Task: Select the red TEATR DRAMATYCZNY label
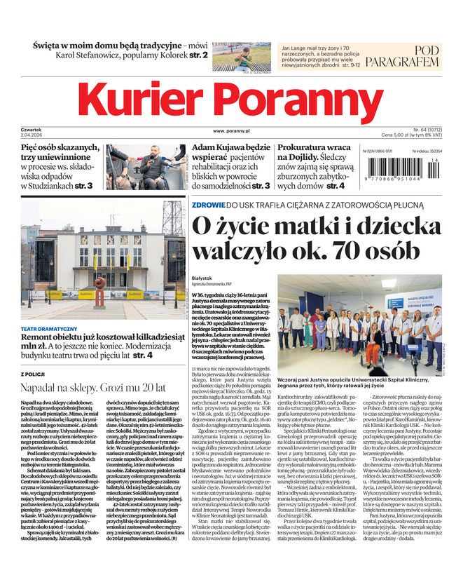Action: (49, 329)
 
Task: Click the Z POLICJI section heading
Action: (35, 374)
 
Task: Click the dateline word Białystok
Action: (201, 278)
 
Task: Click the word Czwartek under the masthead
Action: (32, 129)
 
